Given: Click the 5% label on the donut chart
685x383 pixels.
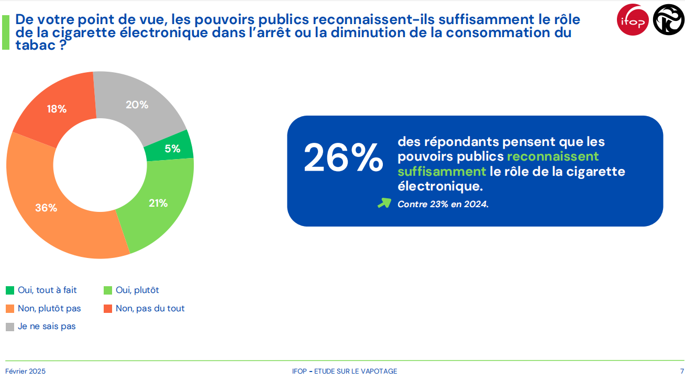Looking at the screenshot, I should (172, 149).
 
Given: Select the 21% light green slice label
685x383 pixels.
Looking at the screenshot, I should (158, 203).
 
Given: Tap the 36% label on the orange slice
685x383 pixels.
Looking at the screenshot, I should (46, 208).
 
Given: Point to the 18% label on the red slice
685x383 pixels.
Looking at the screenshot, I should (57, 109).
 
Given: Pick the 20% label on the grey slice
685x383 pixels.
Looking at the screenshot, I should (137, 105).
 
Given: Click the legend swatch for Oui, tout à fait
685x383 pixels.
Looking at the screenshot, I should (10, 290).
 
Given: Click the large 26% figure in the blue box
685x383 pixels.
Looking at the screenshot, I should (344, 157).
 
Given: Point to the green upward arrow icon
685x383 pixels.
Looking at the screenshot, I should (384, 203).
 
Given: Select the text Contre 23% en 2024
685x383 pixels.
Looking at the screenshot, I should (443, 205).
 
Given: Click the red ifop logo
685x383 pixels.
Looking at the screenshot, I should (633, 20).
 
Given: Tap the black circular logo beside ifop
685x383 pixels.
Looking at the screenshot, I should (668, 20).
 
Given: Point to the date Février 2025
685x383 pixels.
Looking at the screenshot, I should (25, 371).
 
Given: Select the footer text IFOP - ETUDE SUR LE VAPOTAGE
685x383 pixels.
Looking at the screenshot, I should (345, 371).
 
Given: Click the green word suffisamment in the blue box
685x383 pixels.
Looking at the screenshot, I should (441, 172).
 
